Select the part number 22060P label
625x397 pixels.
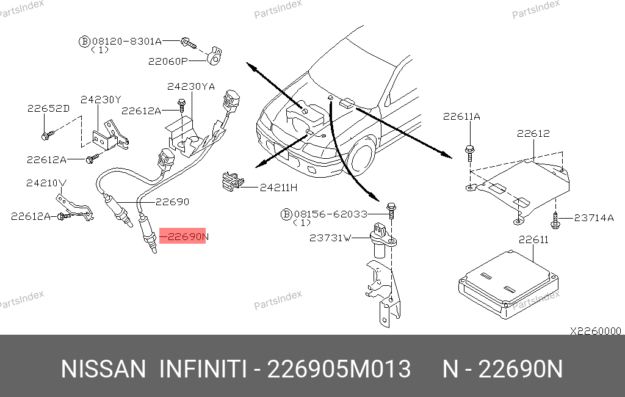coord(168,62)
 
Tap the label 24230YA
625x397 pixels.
coord(191,87)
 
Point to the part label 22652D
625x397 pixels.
coord(48,109)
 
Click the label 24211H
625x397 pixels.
coord(278,188)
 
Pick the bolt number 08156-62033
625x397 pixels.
coord(330,214)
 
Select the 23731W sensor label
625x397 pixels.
coord(330,238)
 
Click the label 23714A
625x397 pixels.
coord(594,218)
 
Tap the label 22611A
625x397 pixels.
coord(461,117)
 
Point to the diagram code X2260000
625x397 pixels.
coord(596,331)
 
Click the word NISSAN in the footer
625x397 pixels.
coord(104,369)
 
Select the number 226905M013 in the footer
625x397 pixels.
coord(339,369)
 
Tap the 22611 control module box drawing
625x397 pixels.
coord(508,284)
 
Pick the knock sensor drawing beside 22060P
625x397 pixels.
coord(214,56)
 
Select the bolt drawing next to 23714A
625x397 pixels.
coord(555,220)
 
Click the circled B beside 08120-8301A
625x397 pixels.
coord(84,42)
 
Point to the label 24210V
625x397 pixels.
coord(46,183)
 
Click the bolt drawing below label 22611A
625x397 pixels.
coord(470,153)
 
